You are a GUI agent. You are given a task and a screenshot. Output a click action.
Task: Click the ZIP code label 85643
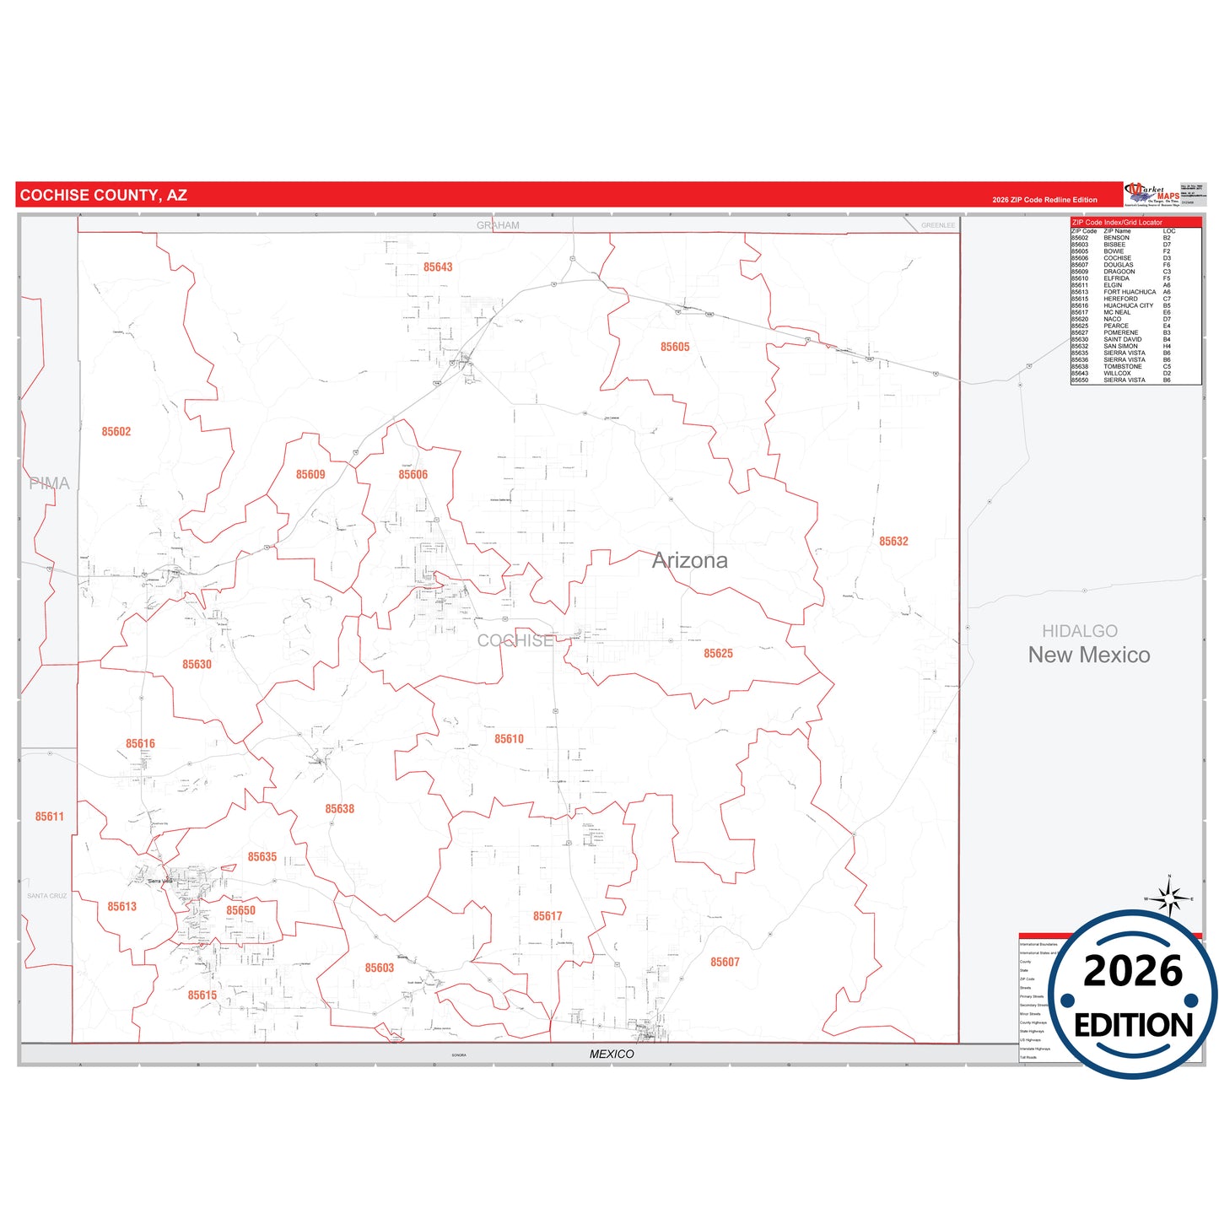tap(438, 267)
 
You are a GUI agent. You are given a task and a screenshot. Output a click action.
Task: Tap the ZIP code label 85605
tap(675, 347)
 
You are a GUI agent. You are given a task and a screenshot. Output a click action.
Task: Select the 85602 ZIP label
tap(116, 432)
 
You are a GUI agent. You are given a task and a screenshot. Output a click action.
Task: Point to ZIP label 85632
tap(893, 542)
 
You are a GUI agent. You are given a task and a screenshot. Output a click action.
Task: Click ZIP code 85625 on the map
tap(718, 654)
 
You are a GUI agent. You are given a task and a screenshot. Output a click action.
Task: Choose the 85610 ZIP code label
tap(509, 739)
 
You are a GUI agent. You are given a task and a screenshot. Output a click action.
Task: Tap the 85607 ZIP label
tap(725, 963)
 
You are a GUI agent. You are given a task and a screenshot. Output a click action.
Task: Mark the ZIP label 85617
tap(547, 916)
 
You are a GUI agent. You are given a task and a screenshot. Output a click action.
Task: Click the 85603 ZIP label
tap(380, 968)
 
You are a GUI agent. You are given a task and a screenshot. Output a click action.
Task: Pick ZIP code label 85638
tap(340, 809)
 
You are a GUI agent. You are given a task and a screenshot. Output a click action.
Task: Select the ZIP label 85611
tap(50, 817)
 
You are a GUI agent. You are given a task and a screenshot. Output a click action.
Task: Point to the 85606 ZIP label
tap(413, 475)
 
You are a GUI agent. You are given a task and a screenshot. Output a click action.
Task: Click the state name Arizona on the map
tap(689, 561)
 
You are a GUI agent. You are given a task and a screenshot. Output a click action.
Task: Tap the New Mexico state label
tap(1088, 655)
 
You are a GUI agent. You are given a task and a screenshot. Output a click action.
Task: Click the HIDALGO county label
tap(1079, 631)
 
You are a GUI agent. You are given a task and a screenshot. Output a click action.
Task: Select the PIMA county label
tap(49, 483)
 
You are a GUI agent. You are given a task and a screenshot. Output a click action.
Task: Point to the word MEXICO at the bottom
tap(612, 1054)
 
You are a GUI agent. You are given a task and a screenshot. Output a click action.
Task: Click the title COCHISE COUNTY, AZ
tap(104, 196)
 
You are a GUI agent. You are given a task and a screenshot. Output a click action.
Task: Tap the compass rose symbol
tap(1169, 898)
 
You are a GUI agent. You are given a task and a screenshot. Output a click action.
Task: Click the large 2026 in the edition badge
tap(1132, 971)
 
